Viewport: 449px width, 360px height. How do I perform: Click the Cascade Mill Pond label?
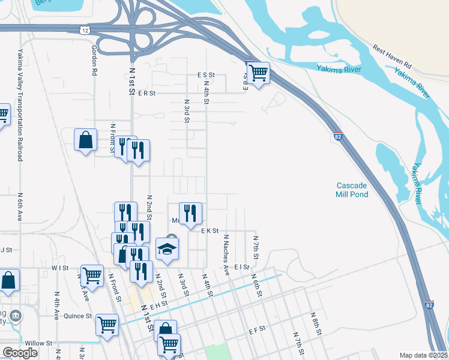click(351, 190)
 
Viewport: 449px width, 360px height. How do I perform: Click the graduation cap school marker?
click(167, 249)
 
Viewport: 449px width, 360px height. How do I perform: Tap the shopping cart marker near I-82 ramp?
click(258, 74)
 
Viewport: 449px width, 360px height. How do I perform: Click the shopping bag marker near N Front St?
click(86, 140)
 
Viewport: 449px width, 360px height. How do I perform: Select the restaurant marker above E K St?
click(190, 214)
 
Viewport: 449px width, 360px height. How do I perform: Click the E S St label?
click(206, 76)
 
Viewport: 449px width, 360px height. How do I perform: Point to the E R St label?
click(146, 94)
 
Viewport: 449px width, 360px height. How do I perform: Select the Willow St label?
click(39, 343)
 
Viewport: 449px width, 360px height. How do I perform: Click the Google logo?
click(20, 353)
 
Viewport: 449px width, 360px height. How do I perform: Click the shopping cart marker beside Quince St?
click(107, 325)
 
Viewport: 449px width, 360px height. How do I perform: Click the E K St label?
click(209, 230)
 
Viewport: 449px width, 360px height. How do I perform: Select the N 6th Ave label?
click(20, 207)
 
